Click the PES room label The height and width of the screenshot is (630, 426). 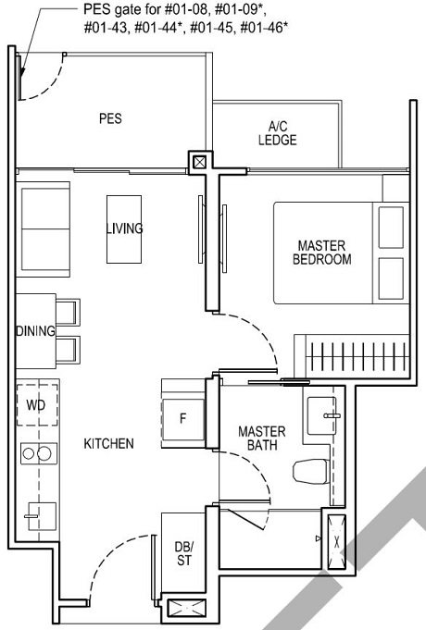(110, 118)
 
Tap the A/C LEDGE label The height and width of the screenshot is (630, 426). (278, 133)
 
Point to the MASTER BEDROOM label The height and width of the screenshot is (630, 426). (321, 253)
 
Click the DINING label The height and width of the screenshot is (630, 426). (35, 331)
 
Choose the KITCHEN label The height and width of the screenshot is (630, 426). (109, 444)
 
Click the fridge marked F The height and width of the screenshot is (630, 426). (183, 417)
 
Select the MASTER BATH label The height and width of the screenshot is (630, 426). (262, 439)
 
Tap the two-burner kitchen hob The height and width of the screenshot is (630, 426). (39, 452)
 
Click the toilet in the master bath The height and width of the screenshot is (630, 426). (309, 470)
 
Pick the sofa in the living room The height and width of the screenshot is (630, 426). (42, 225)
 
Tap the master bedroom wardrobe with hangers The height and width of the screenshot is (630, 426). (350, 356)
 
